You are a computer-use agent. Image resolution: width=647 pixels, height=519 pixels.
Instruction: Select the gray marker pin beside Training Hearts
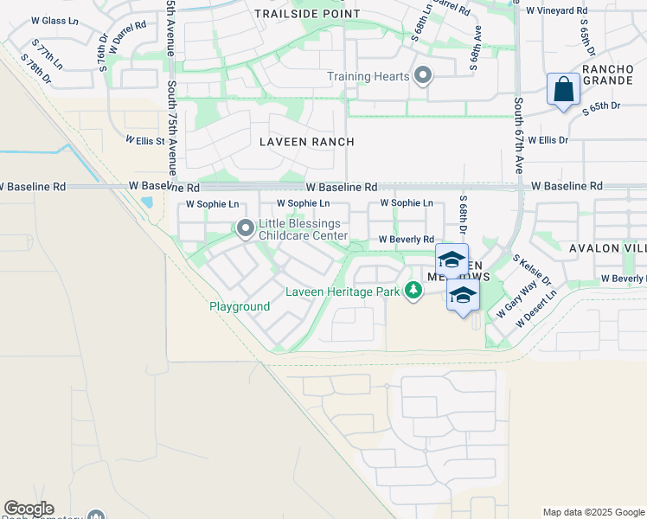[x=423, y=76]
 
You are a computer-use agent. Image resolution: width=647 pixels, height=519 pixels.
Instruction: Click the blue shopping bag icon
[x=563, y=89]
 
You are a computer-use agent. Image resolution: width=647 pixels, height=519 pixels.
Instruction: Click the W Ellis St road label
[x=144, y=139]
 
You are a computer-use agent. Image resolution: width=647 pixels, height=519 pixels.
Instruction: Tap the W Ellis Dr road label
[x=548, y=139]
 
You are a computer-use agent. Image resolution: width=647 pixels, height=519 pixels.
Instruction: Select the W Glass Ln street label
[x=54, y=21]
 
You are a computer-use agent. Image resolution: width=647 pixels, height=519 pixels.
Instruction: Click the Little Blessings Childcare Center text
[x=303, y=229]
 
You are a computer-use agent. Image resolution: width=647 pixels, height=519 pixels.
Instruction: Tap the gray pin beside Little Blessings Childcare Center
[x=246, y=229]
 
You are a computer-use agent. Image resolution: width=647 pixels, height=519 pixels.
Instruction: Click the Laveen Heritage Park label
[x=343, y=292]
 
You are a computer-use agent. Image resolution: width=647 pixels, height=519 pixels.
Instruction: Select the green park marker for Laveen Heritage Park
[x=413, y=292]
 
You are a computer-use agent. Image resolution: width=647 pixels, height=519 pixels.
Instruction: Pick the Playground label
[x=240, y=306]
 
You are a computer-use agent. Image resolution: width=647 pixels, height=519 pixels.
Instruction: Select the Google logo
[x=29, y=509]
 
